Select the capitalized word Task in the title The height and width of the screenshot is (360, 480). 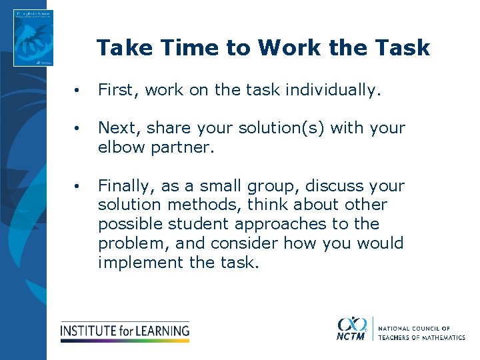point(403,48)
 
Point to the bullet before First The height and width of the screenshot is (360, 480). point(79,91)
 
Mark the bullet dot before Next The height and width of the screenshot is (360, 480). point(79,129)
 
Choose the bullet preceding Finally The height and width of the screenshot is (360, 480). point(79,186)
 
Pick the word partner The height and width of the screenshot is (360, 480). point(185,147)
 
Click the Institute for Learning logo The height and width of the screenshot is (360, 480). point(125,331)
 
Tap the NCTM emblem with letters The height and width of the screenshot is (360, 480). point(351,328)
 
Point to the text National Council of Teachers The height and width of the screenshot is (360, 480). point(421,333)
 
